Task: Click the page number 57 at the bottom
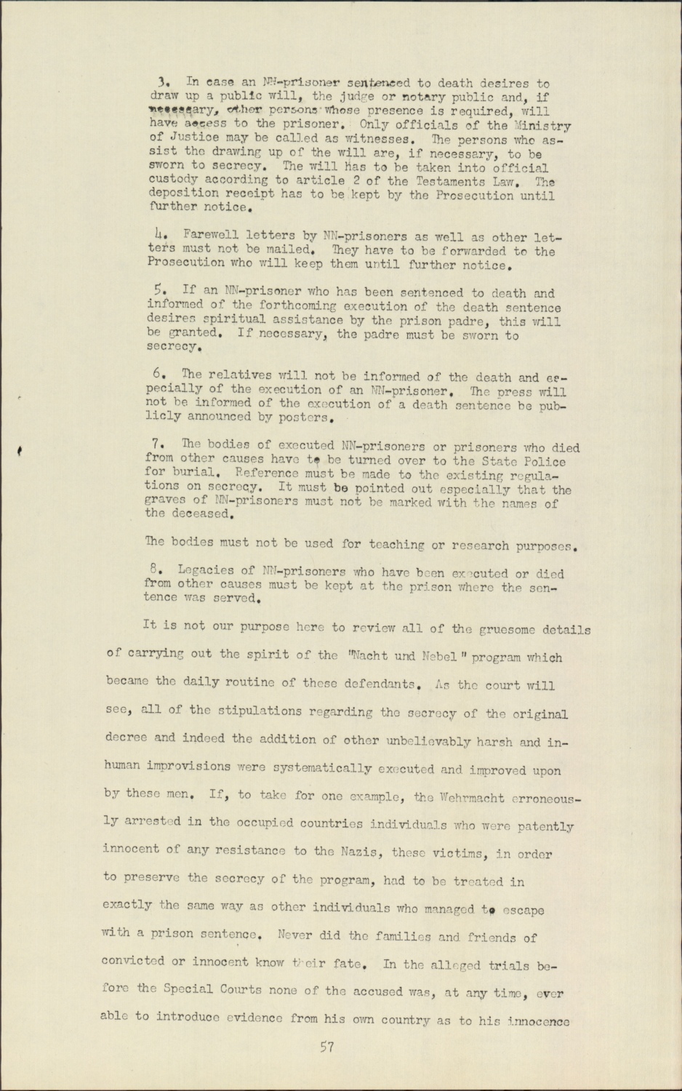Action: pos(326,1047)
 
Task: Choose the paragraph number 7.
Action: pos(159,443)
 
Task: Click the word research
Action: pos(484,545)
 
